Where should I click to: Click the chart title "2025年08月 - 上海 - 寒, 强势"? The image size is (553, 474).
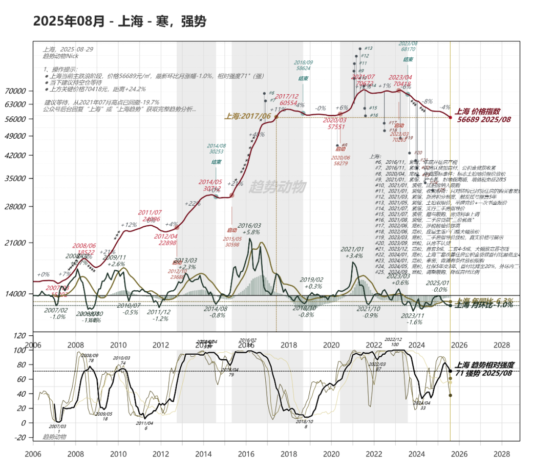coord(120,21)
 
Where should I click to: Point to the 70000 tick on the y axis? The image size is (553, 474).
coord(16,91)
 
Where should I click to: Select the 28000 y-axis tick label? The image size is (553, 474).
coord(16,206)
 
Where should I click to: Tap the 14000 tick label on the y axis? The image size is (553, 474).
coord(16,294)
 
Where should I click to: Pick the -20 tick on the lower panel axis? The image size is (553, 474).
coord(20,437)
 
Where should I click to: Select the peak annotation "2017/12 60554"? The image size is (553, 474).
coord(287,99)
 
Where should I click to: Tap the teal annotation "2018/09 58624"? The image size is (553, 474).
coord(303,64)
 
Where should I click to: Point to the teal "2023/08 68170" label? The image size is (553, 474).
coord(408,47)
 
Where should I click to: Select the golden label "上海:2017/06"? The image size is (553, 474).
coord(247,116)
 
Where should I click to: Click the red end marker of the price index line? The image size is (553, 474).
coord(450,117)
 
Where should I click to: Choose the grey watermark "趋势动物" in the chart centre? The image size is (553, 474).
coord(276,187)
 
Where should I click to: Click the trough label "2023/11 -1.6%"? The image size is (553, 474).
coord(414,319)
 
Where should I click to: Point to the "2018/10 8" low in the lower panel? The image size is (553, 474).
coord(305,423)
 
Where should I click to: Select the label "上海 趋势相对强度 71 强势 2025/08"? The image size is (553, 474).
coord(484,369)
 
